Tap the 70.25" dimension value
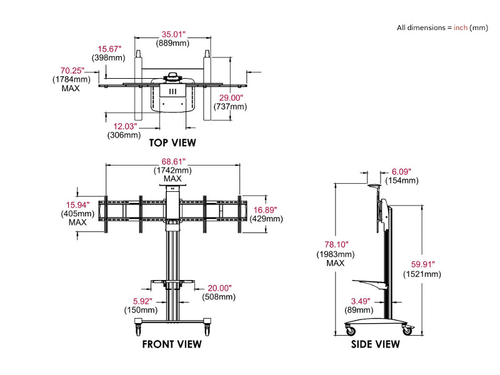72,71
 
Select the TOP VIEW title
172,142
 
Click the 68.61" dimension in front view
172,161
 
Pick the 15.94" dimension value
78,204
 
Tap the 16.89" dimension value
266,210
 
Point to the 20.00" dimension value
220,288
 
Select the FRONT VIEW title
172,344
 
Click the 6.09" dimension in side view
401,171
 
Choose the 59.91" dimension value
422,264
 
